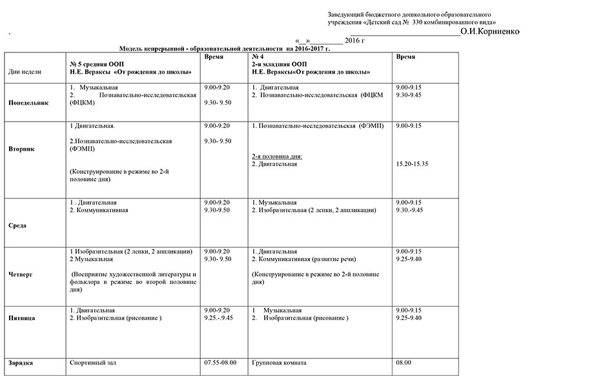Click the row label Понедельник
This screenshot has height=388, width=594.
[x=28, y=102]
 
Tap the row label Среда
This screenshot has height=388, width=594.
[x=17, y=226]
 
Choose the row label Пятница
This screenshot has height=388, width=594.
[x=22, y=318]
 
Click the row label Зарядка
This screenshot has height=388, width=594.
[x=21, y=363]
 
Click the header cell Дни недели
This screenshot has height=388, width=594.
[x=25, y=72]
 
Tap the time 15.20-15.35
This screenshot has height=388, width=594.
[x=413, y=164]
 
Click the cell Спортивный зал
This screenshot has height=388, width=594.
[x=92, y=363]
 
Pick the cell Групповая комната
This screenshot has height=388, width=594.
[x=279, y=363]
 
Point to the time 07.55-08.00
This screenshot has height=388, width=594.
[x=220, y=363]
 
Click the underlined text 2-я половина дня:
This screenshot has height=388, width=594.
[x=277, y=156]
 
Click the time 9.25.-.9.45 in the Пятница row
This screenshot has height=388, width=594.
[x=218, y=318]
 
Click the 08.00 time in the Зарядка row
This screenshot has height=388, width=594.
[x=404, y=363]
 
